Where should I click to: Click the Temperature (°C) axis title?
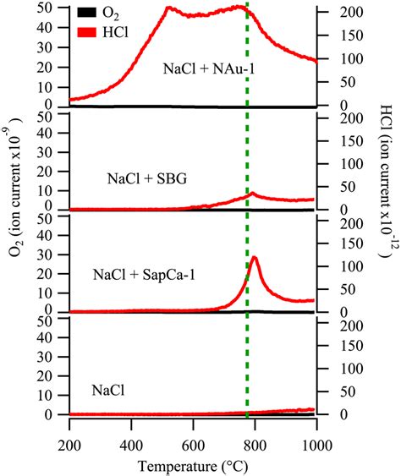point(193,464)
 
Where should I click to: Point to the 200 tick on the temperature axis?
point(69,444)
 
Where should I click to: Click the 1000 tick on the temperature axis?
point(315,444)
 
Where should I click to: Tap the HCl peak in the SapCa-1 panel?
point(254,257)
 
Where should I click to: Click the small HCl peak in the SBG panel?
point(251,193)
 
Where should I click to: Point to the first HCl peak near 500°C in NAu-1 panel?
point(168,8)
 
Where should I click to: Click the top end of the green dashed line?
point(247,4)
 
